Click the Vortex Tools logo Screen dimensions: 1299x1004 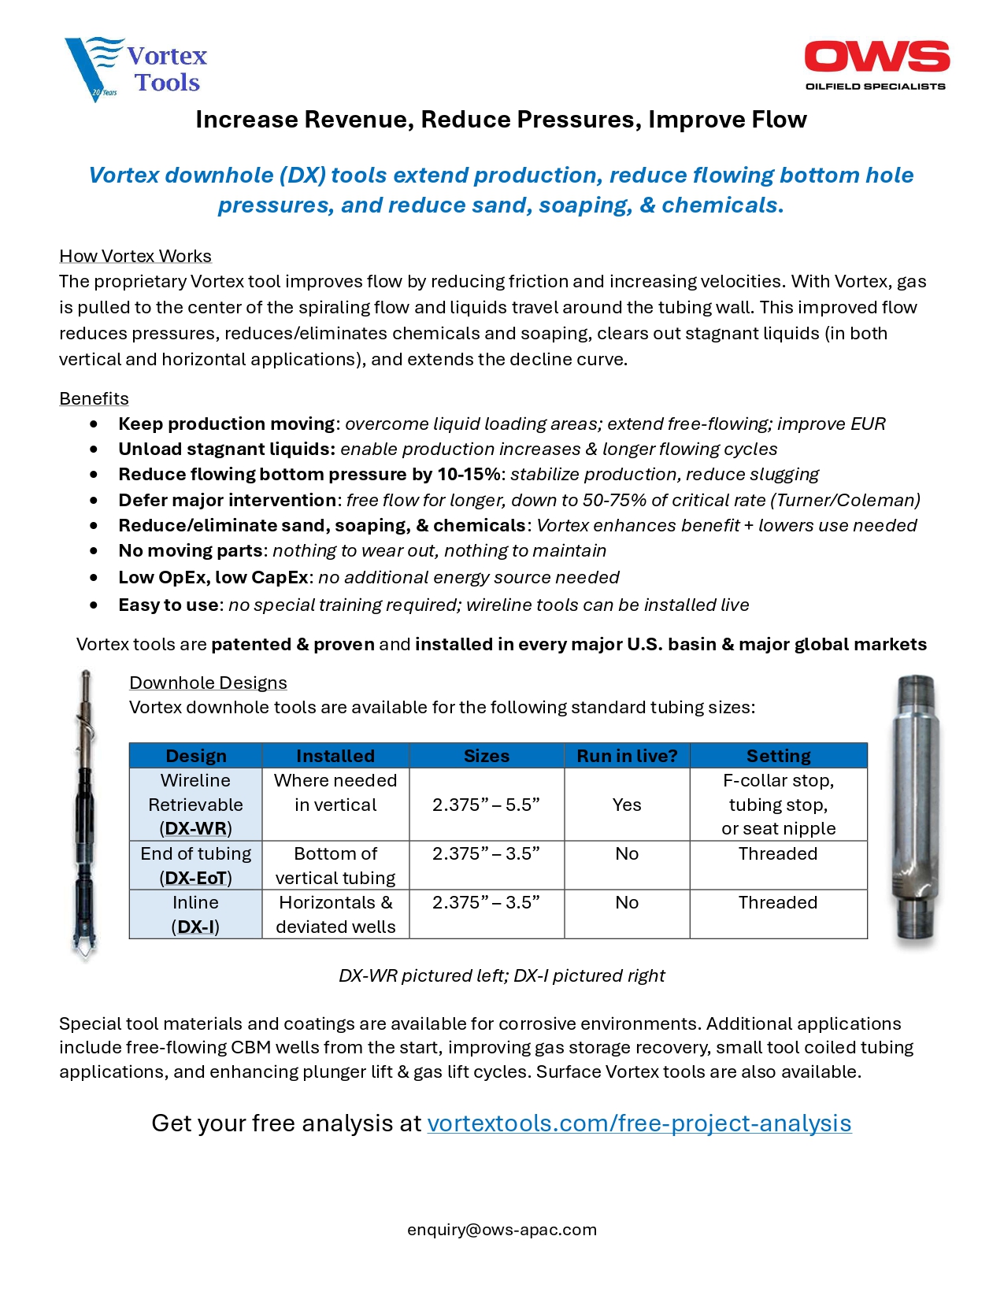pos(135,69)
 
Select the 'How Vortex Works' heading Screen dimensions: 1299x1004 pos(135,256)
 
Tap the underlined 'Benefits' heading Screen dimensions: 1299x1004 pos(94,398)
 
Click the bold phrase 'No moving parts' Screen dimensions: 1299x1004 pos(190,551)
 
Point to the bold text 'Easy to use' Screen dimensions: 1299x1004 pos(169,605)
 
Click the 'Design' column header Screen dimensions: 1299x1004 pos(195,756)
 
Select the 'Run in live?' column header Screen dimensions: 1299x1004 pos(627,756)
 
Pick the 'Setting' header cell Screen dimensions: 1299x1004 pos(778,756)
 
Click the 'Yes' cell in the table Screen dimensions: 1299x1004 pos(627,805)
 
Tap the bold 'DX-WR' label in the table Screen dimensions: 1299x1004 pos(195,829)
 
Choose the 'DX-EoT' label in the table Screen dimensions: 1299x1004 pos(195,878)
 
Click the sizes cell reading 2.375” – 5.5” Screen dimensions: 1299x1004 pos(486,805)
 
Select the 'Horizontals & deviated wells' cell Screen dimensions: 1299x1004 pos(335,914)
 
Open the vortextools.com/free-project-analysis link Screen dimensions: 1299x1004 pos(639,1123)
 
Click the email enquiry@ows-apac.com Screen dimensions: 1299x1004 pos(502,1230)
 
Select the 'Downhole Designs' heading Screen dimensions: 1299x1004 pos(208,683)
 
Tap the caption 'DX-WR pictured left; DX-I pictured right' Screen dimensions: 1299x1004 pos(502,976)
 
